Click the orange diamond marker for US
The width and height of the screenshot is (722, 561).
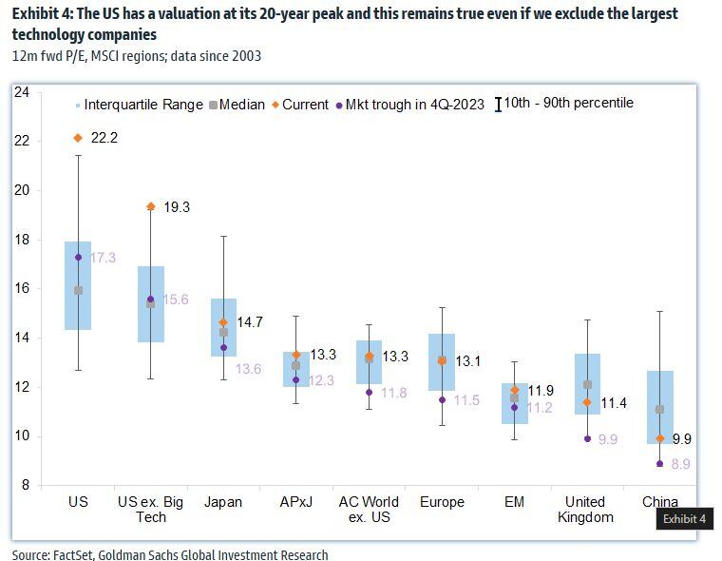click(x=78, y=138)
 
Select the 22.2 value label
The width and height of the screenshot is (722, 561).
click(x=104, y=139)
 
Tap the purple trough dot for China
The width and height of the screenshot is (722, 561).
click(x=660, y=463)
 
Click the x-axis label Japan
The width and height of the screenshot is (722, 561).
click(x=224, y=501)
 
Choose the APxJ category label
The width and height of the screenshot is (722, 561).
click(x=296, y=501)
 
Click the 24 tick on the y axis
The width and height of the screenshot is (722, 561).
click(x=23, y=92)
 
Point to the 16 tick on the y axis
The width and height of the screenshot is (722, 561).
click(x=23, y=288)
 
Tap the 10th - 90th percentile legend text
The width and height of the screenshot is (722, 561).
click(x=568, y=104)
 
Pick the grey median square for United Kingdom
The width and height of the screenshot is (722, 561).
click(x=588, y=385)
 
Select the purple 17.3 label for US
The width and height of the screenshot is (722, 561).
click(x=104, y=258)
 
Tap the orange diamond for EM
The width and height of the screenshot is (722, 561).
click(x=515, y=390)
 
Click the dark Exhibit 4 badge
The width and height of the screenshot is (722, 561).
click(x=684, y=519)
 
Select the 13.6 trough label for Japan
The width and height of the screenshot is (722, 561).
click(x=249, y=369)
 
